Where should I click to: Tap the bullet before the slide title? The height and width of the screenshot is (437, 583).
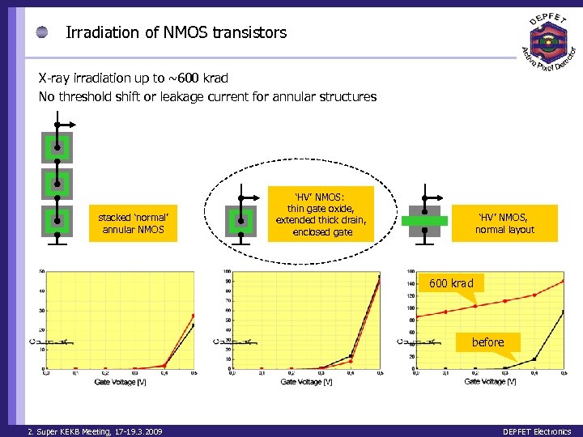41,33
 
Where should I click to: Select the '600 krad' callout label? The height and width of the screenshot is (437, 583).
452,283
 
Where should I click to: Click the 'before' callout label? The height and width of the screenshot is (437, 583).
487,342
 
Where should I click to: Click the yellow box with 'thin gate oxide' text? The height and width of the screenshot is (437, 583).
322,213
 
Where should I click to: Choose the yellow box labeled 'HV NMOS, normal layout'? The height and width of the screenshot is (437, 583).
505,223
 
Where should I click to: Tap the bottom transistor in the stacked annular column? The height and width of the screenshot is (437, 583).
57,219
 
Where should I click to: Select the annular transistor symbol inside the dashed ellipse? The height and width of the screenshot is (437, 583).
240,220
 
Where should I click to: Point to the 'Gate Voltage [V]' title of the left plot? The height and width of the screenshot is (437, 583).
120,380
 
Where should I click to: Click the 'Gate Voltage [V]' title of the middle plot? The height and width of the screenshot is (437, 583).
306,381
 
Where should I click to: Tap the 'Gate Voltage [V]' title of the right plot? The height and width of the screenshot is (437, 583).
490,381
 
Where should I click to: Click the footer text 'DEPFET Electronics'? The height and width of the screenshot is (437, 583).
536,431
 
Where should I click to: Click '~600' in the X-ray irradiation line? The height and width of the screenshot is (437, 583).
182,78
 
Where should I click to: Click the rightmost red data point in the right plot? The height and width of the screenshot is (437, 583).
563,281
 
